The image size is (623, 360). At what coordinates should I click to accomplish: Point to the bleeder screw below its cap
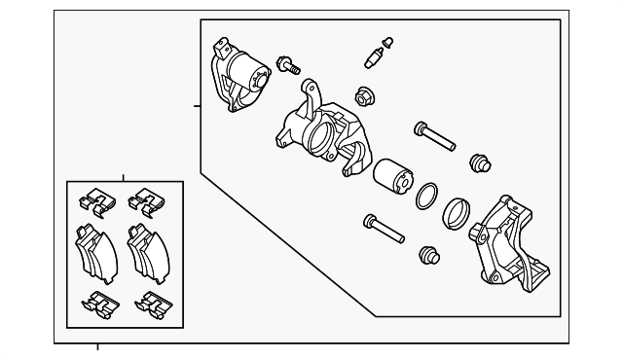tap(374, 57)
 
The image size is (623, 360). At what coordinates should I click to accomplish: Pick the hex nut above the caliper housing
tap(364, 96)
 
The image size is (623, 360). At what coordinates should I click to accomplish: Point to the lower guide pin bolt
tap(383, 230)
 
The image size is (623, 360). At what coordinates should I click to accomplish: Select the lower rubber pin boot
tap(427, 255)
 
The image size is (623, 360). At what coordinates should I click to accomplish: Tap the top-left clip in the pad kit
tap(95, 202)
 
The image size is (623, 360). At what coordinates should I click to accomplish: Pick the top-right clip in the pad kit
tap(145, 201)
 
